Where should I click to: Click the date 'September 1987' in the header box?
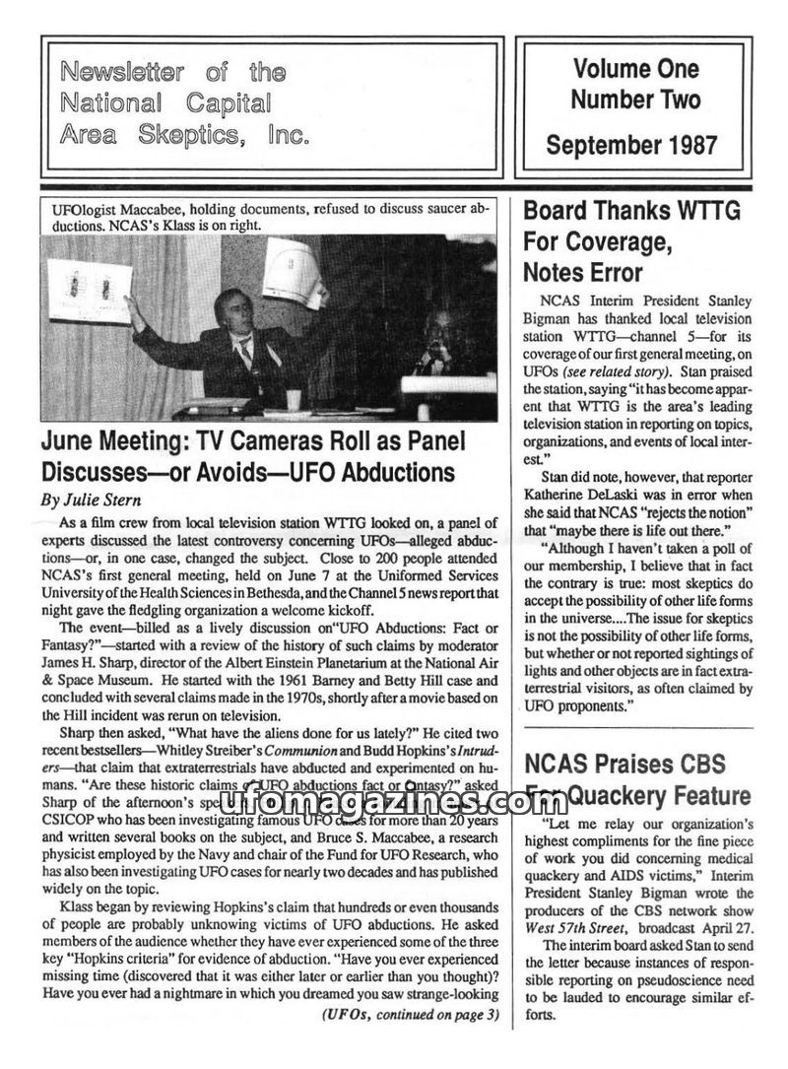[632, 145]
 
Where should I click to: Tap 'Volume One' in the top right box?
[635, 69]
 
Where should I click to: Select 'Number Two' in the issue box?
[635, 100]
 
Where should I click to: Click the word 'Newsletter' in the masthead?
[117, 72]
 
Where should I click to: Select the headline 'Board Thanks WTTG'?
[631, 210]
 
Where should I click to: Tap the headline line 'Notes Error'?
[583, 272]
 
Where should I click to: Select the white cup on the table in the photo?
[293, 400]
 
